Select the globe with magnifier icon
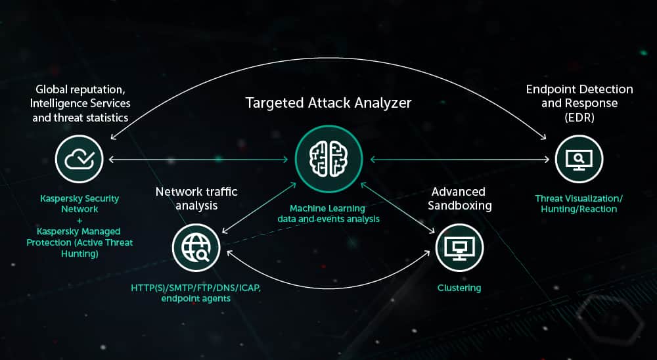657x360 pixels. click(196, 247)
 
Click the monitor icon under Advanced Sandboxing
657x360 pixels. click(459, 247)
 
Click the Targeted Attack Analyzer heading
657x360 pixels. click(328, 102)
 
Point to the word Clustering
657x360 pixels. click(459, 288)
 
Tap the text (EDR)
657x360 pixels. click(579, 119)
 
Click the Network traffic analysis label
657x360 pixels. click(196, 198)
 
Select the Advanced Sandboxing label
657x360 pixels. click(458, 198)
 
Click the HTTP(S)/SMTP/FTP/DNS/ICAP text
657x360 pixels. click(196, 288)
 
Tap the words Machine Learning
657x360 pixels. click(327, 208)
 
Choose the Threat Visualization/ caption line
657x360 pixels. click(579, 198)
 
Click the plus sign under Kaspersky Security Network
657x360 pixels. click(79, 221)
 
